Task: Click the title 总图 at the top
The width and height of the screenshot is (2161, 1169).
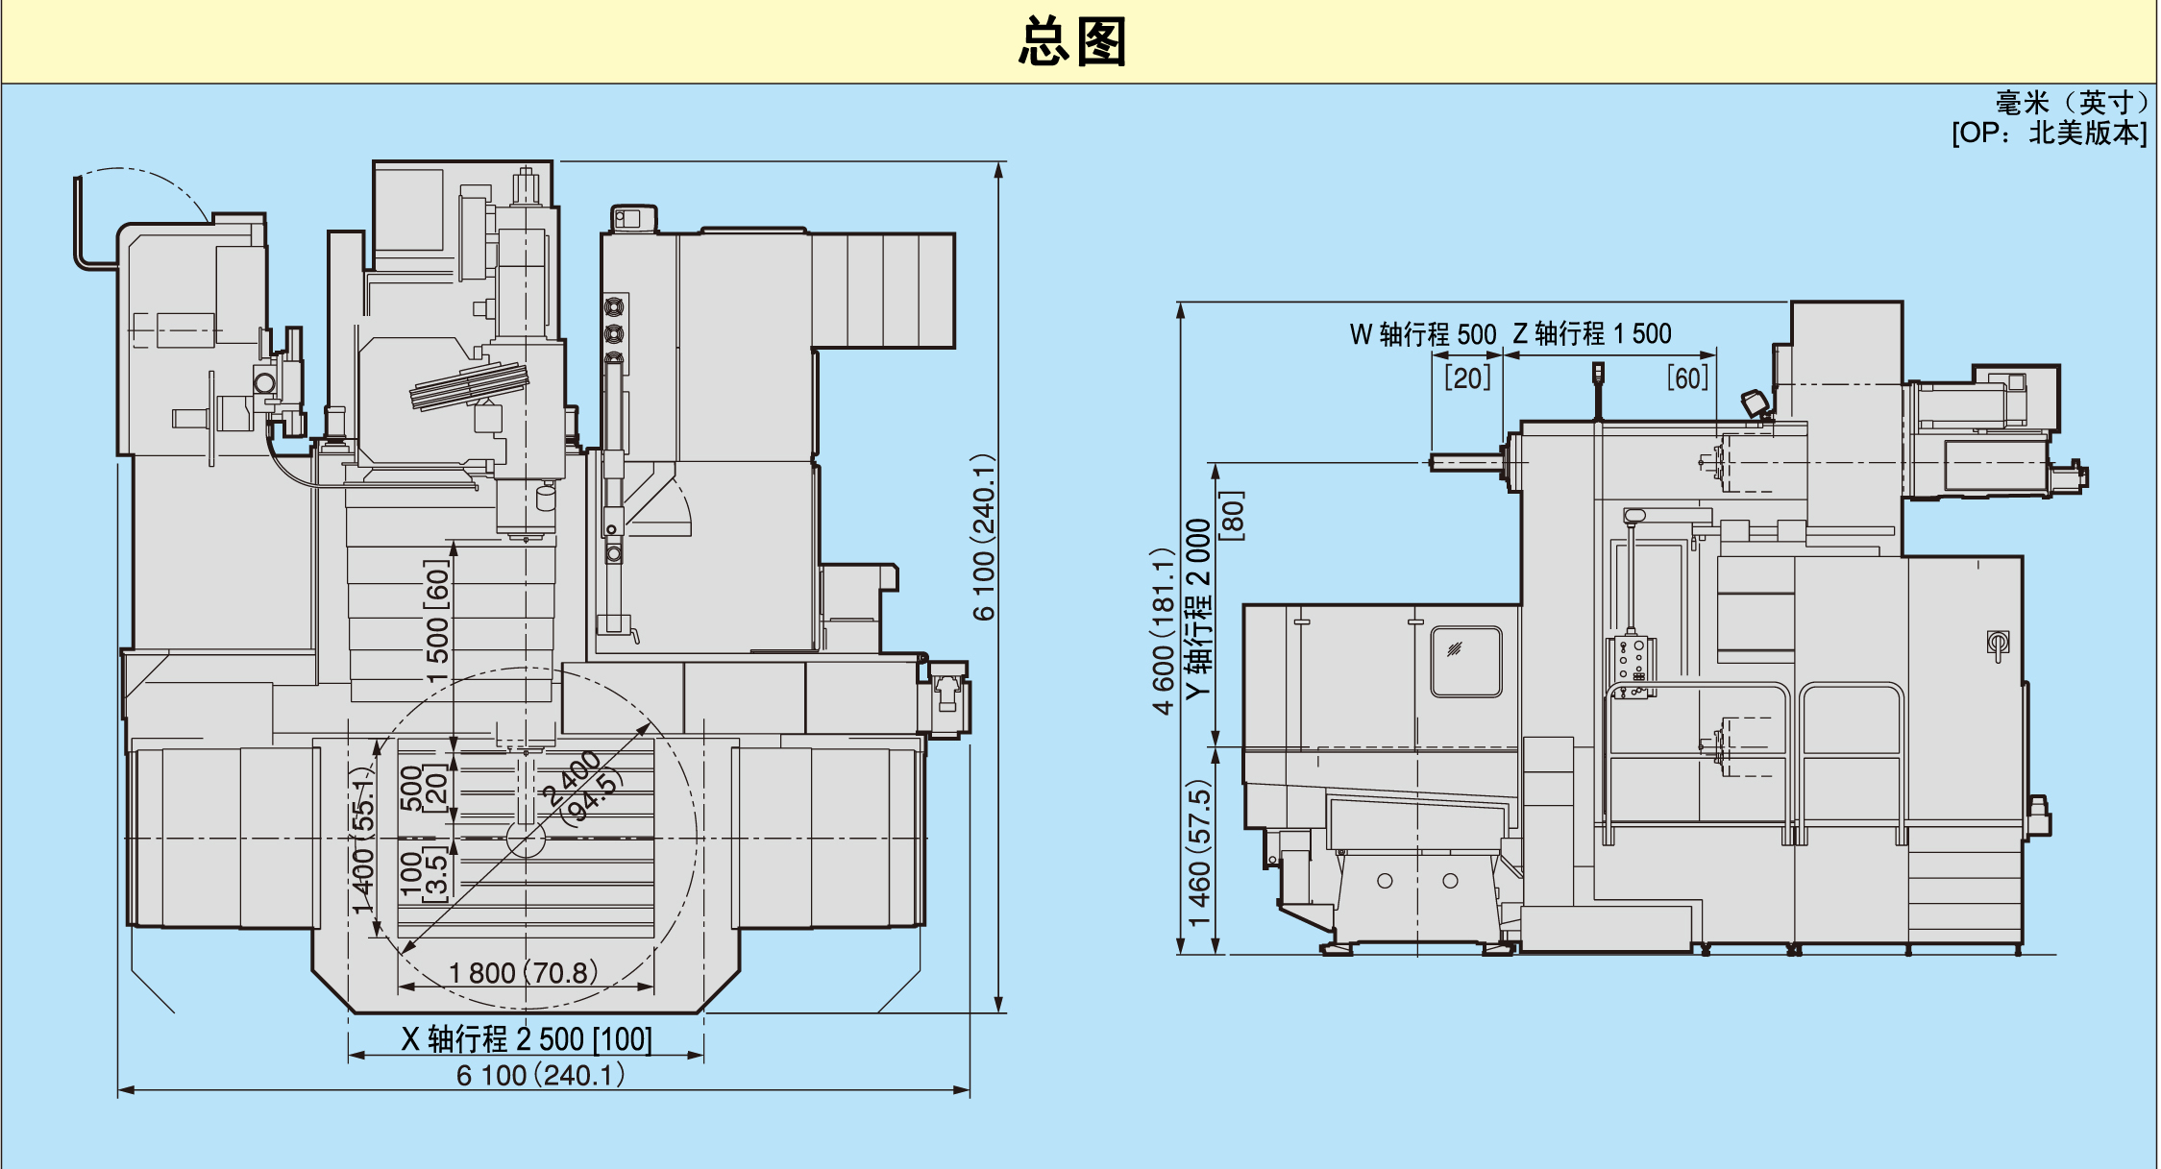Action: (1072, 42)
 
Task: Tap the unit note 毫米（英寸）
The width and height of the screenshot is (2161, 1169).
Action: (2071, 103)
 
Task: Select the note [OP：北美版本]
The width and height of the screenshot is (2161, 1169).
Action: (2049, 133)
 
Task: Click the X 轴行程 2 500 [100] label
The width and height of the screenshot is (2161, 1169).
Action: (527, 1039)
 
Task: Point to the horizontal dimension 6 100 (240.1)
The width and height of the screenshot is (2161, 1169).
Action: (541, 1075)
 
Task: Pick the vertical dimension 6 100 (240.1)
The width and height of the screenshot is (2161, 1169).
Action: (983, 538)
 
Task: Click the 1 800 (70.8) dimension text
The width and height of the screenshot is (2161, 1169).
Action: (524, 973)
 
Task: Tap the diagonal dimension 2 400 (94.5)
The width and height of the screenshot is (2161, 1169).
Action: (581, 789)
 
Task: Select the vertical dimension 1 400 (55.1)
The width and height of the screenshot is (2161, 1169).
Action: (362, 840)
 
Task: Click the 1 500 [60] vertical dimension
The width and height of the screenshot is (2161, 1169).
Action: (437, 622)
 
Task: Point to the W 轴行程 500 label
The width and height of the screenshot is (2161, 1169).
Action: (1423, 334)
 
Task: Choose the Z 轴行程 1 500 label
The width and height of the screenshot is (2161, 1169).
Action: (1592, 333)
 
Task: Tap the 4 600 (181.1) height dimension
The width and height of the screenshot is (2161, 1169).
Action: (1164, 632)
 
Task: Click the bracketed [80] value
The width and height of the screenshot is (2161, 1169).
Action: (1232, 516)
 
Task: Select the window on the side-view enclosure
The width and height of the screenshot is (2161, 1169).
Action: (1466, 661)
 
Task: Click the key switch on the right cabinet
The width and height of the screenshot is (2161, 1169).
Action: (1999, 644)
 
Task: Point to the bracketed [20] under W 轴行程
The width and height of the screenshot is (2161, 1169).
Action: (1468, 377)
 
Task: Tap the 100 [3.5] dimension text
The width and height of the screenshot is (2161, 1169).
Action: (423, 872)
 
